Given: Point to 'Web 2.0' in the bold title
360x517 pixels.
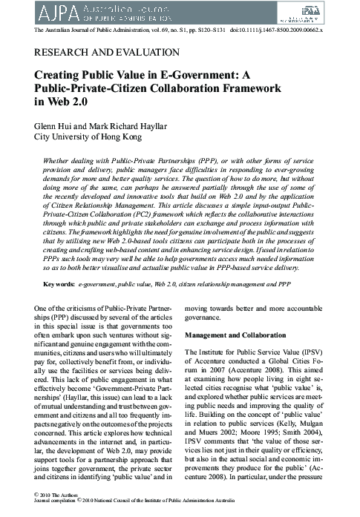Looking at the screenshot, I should click(66, 101).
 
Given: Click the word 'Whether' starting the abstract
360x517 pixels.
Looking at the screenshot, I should click(59, 160).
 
